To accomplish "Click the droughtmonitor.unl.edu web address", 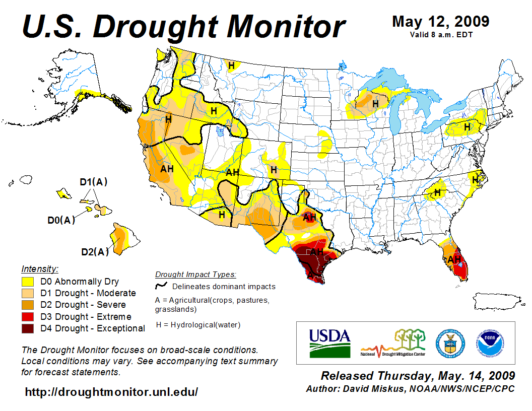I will (111, 391).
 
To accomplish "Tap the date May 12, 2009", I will (440, 22).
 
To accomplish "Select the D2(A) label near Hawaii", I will (95, 252).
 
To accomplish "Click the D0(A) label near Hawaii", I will (61, 220).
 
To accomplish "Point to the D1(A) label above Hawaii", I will (94, 182).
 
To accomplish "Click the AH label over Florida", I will (454, 259).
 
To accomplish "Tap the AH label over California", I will (167, 169).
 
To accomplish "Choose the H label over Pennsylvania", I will (467, 127).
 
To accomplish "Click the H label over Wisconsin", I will (375, 103).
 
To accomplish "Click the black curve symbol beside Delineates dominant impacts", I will (161, 286).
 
